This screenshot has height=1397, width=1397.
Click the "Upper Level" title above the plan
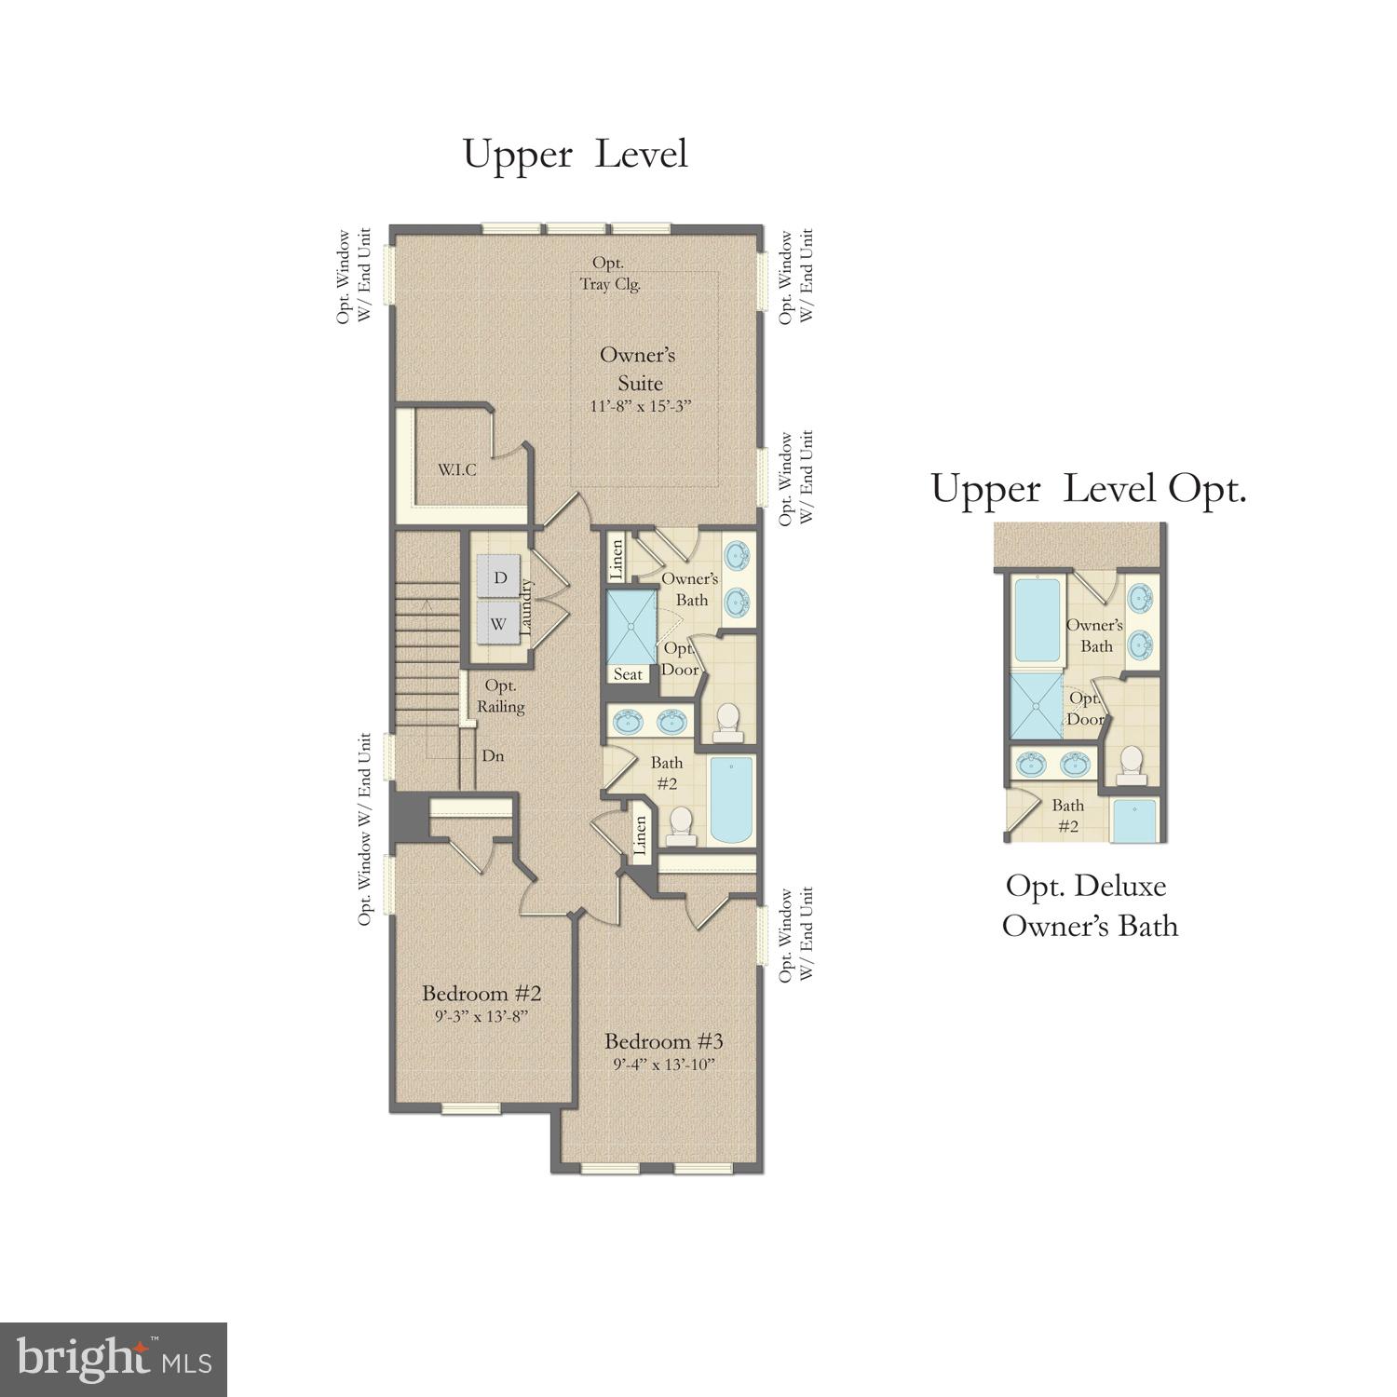pos(575,155)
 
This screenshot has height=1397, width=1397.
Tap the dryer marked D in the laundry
pos(500,577)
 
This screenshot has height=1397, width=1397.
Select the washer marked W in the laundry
pos(498,623)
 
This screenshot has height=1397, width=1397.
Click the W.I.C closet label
pos(457,469)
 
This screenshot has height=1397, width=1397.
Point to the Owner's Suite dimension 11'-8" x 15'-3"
pos(642,407)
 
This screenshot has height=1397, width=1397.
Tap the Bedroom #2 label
pos(481,992)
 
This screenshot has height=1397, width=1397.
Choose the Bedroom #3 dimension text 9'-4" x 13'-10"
pos(663,1065)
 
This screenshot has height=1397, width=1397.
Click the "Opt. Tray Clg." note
pos(610,274)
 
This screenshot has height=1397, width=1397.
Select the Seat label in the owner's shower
pos(628,673)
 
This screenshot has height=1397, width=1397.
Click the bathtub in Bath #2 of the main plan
pos(731,800)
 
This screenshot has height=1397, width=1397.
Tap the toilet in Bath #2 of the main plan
pos(682,825)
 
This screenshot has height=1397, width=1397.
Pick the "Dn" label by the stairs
pos(493,755)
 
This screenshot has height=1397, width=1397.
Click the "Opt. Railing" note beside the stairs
pos(501,697)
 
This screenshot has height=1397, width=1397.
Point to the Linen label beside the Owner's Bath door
pos(617,558)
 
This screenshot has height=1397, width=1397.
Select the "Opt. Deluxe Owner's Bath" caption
pos(1089,905)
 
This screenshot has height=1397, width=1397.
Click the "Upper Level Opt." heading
pos(1088,489)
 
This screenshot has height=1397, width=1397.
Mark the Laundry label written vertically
pos(525,608)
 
